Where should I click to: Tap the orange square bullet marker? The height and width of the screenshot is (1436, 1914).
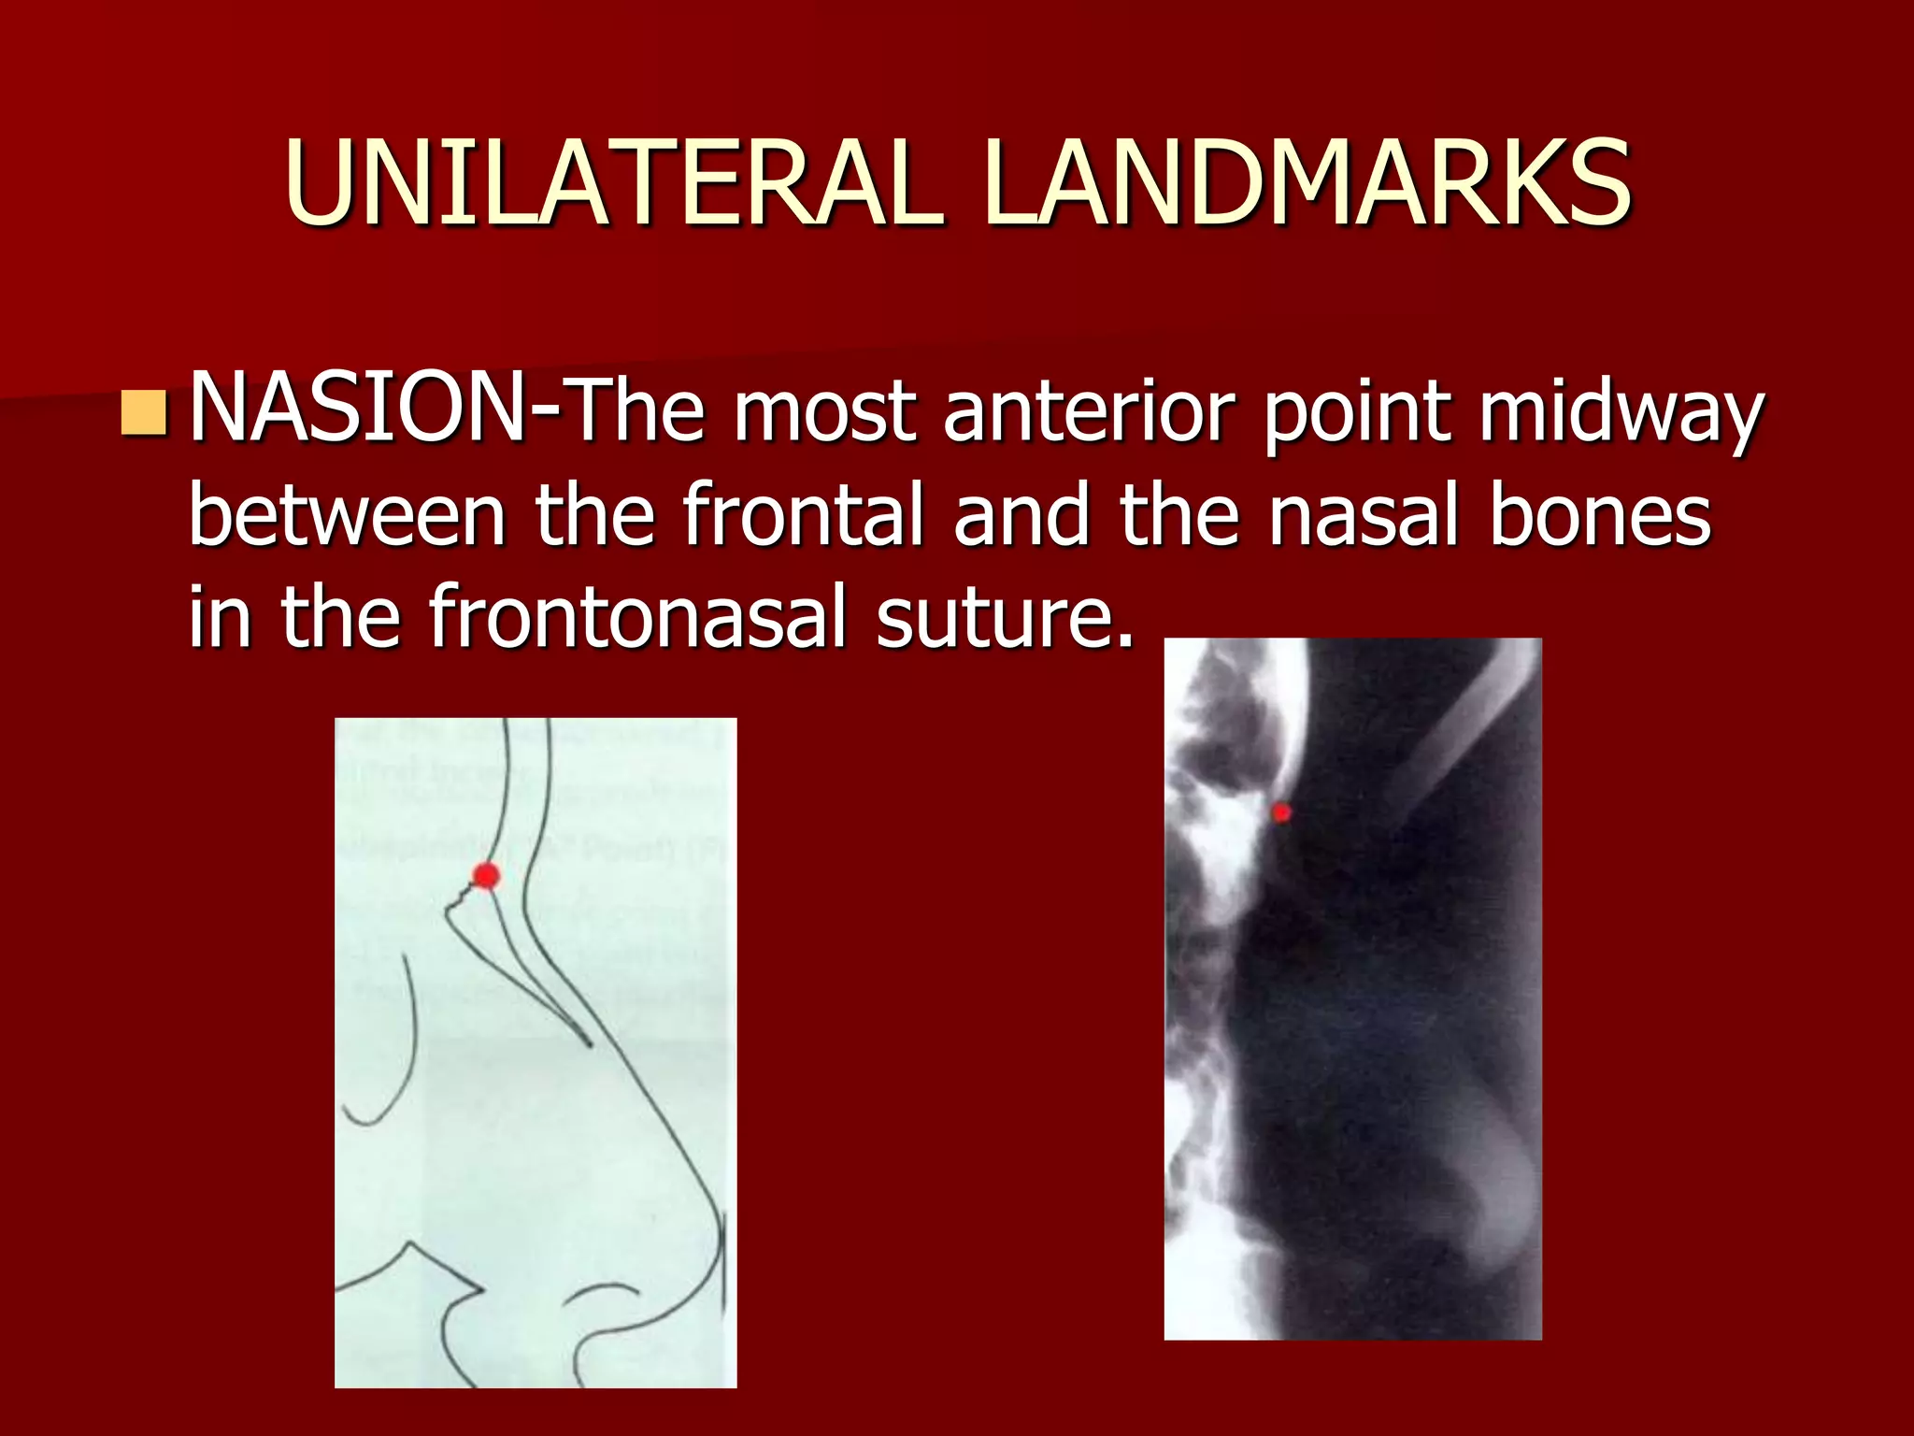coord(144,414)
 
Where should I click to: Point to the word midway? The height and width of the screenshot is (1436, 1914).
coord(1621,414)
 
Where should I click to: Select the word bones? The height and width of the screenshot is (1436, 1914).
coord(1599,515)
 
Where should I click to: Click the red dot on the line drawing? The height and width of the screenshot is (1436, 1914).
coord(486,876)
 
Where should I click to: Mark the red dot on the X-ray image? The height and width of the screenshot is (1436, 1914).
coord(1281,812)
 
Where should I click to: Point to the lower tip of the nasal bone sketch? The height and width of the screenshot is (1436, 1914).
coord(589,1043)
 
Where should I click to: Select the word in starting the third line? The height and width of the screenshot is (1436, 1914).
coord(220,616)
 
